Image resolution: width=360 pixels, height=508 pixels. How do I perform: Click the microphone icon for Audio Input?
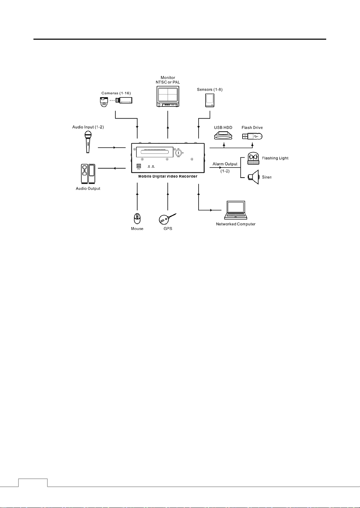[88, 141]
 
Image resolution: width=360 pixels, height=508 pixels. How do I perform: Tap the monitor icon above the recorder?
[168, 96]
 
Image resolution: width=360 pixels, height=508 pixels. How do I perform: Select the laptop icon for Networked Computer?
[236, 210]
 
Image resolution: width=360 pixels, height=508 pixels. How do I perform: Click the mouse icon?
[137, 219]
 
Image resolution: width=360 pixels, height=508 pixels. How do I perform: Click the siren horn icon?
[254, 177]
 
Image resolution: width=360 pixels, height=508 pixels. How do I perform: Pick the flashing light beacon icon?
[253, 158]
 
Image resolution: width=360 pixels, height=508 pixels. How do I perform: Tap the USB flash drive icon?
[252, 136]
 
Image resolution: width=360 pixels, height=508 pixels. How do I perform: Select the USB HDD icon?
[223, 135]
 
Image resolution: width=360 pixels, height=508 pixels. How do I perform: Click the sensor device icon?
[209, 100]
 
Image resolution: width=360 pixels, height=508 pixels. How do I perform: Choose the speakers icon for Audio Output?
[88, 174]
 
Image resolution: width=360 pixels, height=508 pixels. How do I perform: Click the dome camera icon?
[104, 102]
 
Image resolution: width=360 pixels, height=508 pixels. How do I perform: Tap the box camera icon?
[124, 100]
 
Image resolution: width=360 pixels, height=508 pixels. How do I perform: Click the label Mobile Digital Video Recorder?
[168, 177]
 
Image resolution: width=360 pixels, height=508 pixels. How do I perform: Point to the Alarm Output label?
[225, 164]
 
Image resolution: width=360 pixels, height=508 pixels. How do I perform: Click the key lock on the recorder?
[178, 153]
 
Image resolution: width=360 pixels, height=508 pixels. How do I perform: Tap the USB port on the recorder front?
[139, 166]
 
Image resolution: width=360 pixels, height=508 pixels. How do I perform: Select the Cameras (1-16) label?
[116, 93]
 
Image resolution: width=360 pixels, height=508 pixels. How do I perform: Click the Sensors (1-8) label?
[209, 89]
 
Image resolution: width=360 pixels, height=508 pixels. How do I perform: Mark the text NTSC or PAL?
[168, 83]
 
